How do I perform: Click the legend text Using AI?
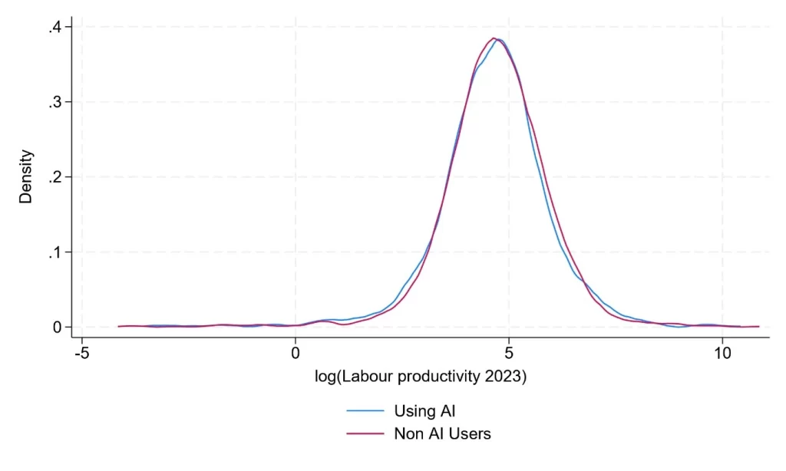[424, 411]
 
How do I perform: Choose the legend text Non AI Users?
[442, 433]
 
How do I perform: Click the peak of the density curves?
[495, 38]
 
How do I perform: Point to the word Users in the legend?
[470, 433]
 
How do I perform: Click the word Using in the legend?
[415, 412]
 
